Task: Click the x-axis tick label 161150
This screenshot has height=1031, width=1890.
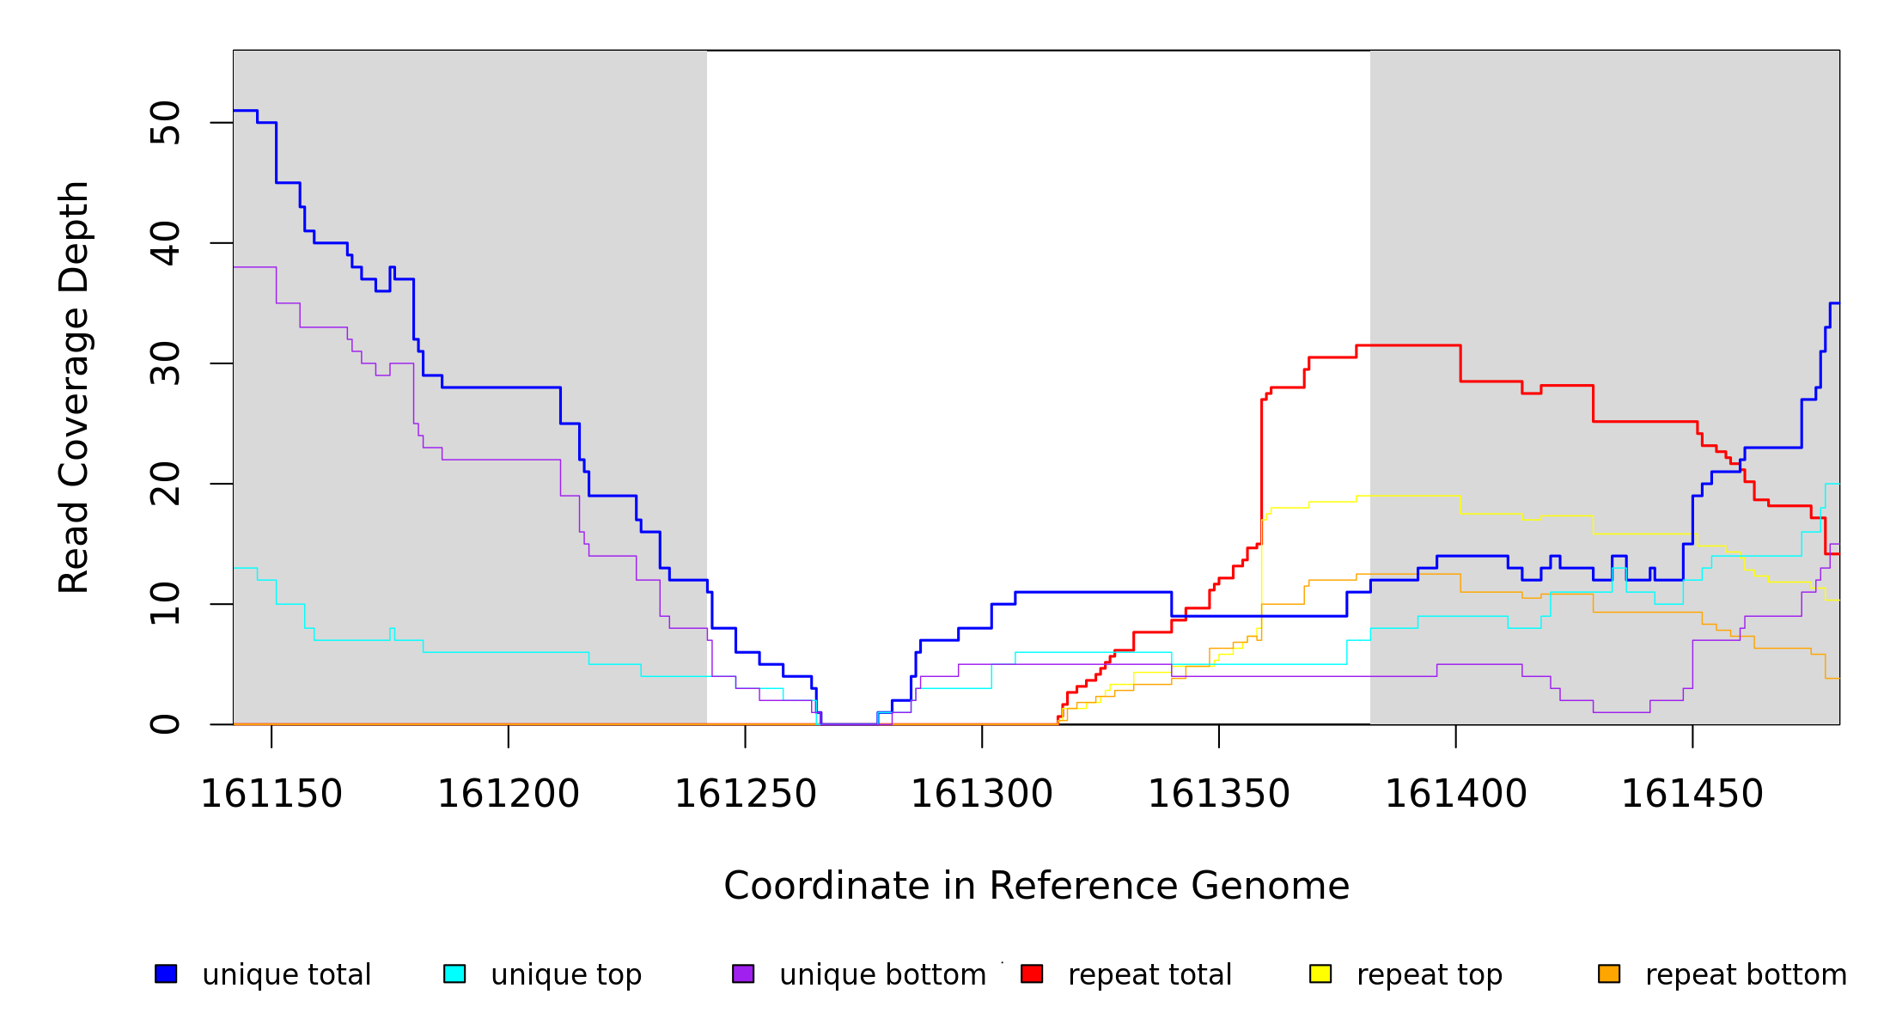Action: click(x=271, y=795)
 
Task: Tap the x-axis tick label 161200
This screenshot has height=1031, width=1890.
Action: click(x=509, y=795)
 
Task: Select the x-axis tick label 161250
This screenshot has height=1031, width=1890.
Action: click(x=745, y=795)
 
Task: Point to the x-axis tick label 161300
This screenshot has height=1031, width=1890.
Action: click(x=982, y=795)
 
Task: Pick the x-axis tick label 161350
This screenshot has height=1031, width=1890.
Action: click(x=1219, y=795)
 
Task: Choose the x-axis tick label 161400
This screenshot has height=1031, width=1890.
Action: click(x=1456, y=795)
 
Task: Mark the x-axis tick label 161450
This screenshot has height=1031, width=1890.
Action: click(x=1692, y=795)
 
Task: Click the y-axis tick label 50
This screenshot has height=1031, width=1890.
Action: click(x=166, y=123)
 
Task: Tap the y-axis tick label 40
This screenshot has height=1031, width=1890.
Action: click(x=166, y=243)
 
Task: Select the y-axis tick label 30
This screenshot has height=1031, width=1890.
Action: click(x=166, y=363)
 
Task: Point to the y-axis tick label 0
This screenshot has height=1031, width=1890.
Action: click(x=166, y=724)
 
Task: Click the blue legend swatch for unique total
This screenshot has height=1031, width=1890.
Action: click(x=166, y=973)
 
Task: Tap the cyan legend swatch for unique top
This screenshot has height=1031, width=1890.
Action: click(x=454, y=973)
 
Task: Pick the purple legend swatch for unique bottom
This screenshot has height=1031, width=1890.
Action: click(x=743, y=973)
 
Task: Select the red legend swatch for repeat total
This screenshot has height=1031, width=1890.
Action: click(x=1032, y=973)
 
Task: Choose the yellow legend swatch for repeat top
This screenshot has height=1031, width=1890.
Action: click(x=1320, y=973)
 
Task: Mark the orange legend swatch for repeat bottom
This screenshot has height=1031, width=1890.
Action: click(x=1609, y=973)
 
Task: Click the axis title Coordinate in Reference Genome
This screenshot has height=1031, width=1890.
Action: click(x=1036, y=886)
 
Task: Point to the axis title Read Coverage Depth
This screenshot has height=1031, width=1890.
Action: click(x=74, y=387)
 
